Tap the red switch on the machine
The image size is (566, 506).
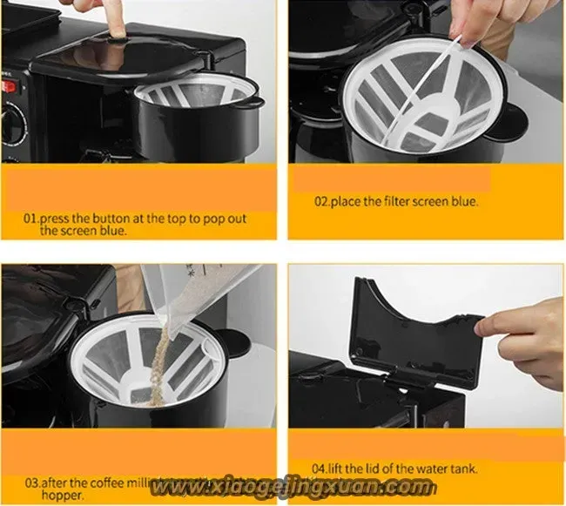click(x=10, y=87)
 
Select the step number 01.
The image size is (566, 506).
click(x=30, y=218)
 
